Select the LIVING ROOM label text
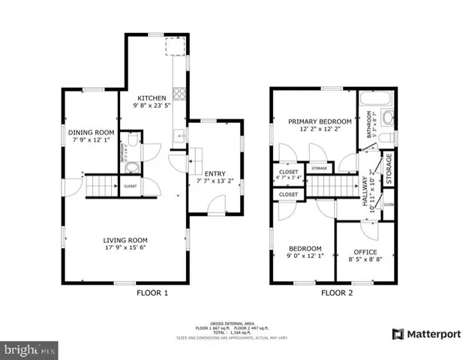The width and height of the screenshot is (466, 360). [x=124, y=241]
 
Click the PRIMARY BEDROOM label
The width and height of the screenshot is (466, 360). [x=320, y=121]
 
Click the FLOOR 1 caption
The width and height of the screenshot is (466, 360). [x=152, y=292]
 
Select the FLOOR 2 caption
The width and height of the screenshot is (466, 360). [x=338, y=292]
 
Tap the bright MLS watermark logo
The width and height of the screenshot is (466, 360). [x=30, y=349]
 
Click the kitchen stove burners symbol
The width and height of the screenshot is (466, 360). [x=179, y=94]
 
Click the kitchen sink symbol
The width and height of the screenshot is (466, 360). [x=179, y=136]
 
